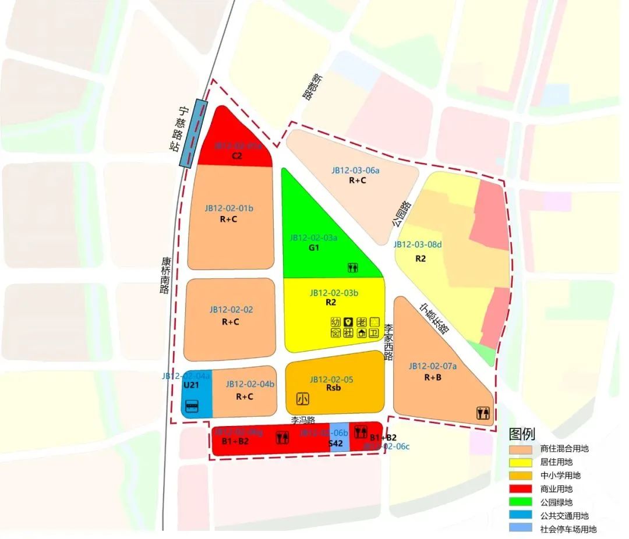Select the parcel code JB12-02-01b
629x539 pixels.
pos(229,208)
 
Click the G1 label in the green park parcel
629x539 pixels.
pos(314,247)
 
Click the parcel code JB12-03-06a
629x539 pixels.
pos(355,171)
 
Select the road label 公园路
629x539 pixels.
pos(401,214)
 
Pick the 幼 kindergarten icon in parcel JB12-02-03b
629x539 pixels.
pos(335,321)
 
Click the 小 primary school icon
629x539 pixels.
pos(302,399)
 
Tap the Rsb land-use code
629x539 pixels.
pos(333,388)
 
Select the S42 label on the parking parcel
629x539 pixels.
pos(335,444)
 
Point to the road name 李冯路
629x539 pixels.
pos(303,419)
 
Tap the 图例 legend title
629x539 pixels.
pos(521,434)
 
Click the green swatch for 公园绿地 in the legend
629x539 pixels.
pos(520,502)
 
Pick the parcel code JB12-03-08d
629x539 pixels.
pos(417,245)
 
